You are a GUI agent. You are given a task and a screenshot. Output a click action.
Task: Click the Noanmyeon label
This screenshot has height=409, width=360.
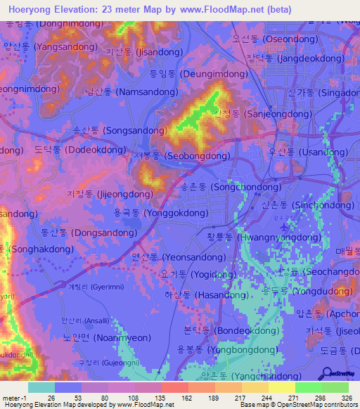88,338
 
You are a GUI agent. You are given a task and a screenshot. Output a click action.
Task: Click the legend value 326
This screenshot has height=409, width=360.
346,398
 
